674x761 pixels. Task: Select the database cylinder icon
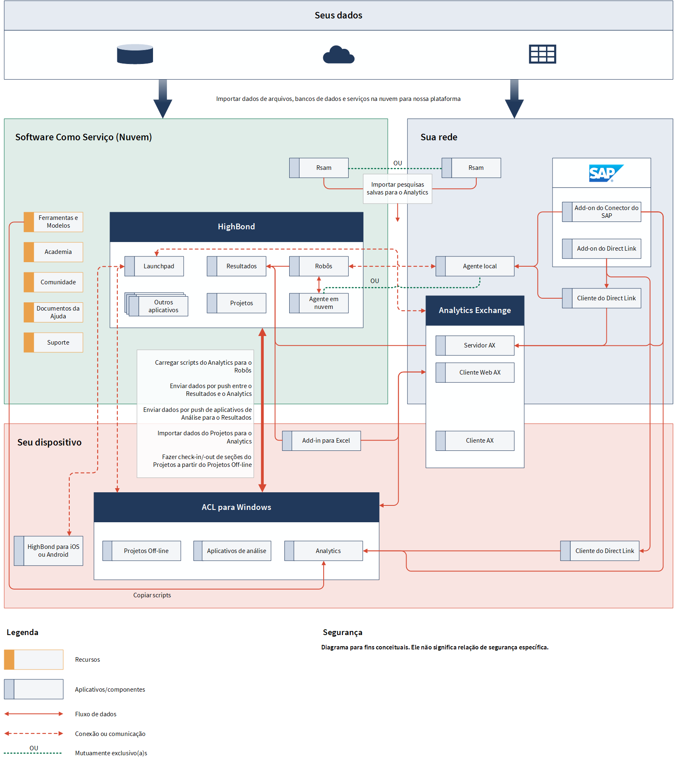click(x=135, y=54)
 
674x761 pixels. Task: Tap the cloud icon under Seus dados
click(x=338, y=55)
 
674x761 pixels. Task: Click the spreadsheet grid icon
click(x=542, y=54)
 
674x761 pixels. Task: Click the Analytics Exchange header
click(x=475, y=311)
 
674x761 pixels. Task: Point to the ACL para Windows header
click(x=236, y=507)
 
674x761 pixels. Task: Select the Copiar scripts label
click(x=152, y=595)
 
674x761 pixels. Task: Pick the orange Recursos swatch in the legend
click(x=9, y=660)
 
